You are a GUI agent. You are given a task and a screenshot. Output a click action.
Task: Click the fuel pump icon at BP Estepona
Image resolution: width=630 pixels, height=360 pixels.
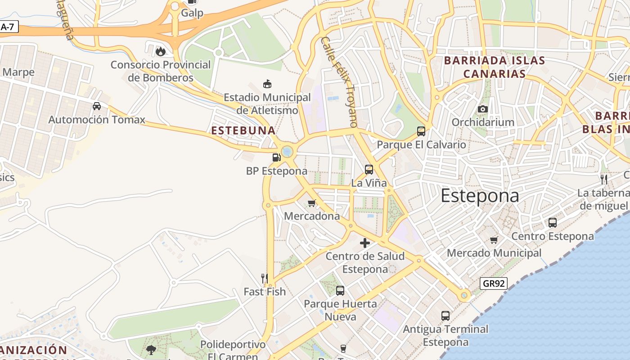[x=276, y=157]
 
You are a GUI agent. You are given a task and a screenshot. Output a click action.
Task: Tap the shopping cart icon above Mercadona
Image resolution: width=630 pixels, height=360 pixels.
[x=311, y=203]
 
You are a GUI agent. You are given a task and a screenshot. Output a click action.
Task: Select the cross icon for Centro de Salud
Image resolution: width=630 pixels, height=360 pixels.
[x=365, y=243]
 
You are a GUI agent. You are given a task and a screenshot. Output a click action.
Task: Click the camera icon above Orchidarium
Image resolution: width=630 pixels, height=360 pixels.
[x=483, y=109]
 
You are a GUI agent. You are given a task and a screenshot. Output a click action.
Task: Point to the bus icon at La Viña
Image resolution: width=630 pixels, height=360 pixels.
[x=369, y=170]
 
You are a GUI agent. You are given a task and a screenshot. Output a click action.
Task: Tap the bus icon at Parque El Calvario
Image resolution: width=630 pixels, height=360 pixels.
[x=421, y=131]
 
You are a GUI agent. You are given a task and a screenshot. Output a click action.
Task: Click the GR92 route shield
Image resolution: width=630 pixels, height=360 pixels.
[x=494, y=283]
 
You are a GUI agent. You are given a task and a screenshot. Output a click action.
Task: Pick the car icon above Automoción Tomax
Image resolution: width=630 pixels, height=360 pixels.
[x=97, y=106]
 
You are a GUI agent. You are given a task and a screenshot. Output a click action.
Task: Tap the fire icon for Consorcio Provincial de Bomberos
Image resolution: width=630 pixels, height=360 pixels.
[x=160, y=51]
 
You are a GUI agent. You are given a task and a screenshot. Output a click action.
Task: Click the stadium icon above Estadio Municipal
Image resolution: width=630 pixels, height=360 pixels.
[x=267, y=84]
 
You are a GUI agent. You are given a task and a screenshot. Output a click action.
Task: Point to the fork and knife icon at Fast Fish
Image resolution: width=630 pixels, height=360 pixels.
[x=265, y=279]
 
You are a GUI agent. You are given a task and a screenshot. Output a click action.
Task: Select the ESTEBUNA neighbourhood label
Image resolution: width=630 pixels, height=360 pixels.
[x=243, y=130]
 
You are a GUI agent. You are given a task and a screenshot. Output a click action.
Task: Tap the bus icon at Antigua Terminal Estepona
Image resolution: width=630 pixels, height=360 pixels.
[x=445, y=316]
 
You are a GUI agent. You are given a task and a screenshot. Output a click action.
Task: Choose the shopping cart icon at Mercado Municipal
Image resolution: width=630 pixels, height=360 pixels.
[x=494, y=240]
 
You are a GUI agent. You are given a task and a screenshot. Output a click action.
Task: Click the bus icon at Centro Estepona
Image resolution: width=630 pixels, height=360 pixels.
[x=553, y=223]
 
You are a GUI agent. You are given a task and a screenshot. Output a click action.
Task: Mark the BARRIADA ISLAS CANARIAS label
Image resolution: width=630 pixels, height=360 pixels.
[x=495, y=67]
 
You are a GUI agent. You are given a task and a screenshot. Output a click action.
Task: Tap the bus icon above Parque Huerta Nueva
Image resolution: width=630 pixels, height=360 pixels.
[x=340, y=291]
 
